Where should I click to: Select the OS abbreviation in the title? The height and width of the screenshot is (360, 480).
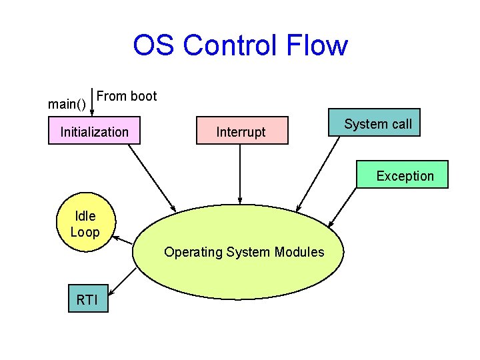click(154, 46)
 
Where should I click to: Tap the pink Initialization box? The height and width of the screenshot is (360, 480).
click(95, 131)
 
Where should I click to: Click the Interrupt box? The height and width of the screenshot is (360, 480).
click(241, 132)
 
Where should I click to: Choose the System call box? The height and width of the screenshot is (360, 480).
click(377, 124)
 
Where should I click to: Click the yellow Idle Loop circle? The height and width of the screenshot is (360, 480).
click(85, 224)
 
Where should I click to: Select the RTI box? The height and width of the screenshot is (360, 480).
click(87, 299)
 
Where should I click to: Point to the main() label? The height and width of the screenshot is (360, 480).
click(67, 104)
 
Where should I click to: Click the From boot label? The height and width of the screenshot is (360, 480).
click(127, 96)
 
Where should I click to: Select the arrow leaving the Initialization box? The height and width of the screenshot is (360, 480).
click(151, 177)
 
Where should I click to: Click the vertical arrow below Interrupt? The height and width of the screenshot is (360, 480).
click(240, 173)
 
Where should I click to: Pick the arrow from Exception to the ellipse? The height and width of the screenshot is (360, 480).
click(345, 207)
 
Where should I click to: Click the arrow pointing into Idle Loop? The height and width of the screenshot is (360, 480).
click(123, 240)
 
